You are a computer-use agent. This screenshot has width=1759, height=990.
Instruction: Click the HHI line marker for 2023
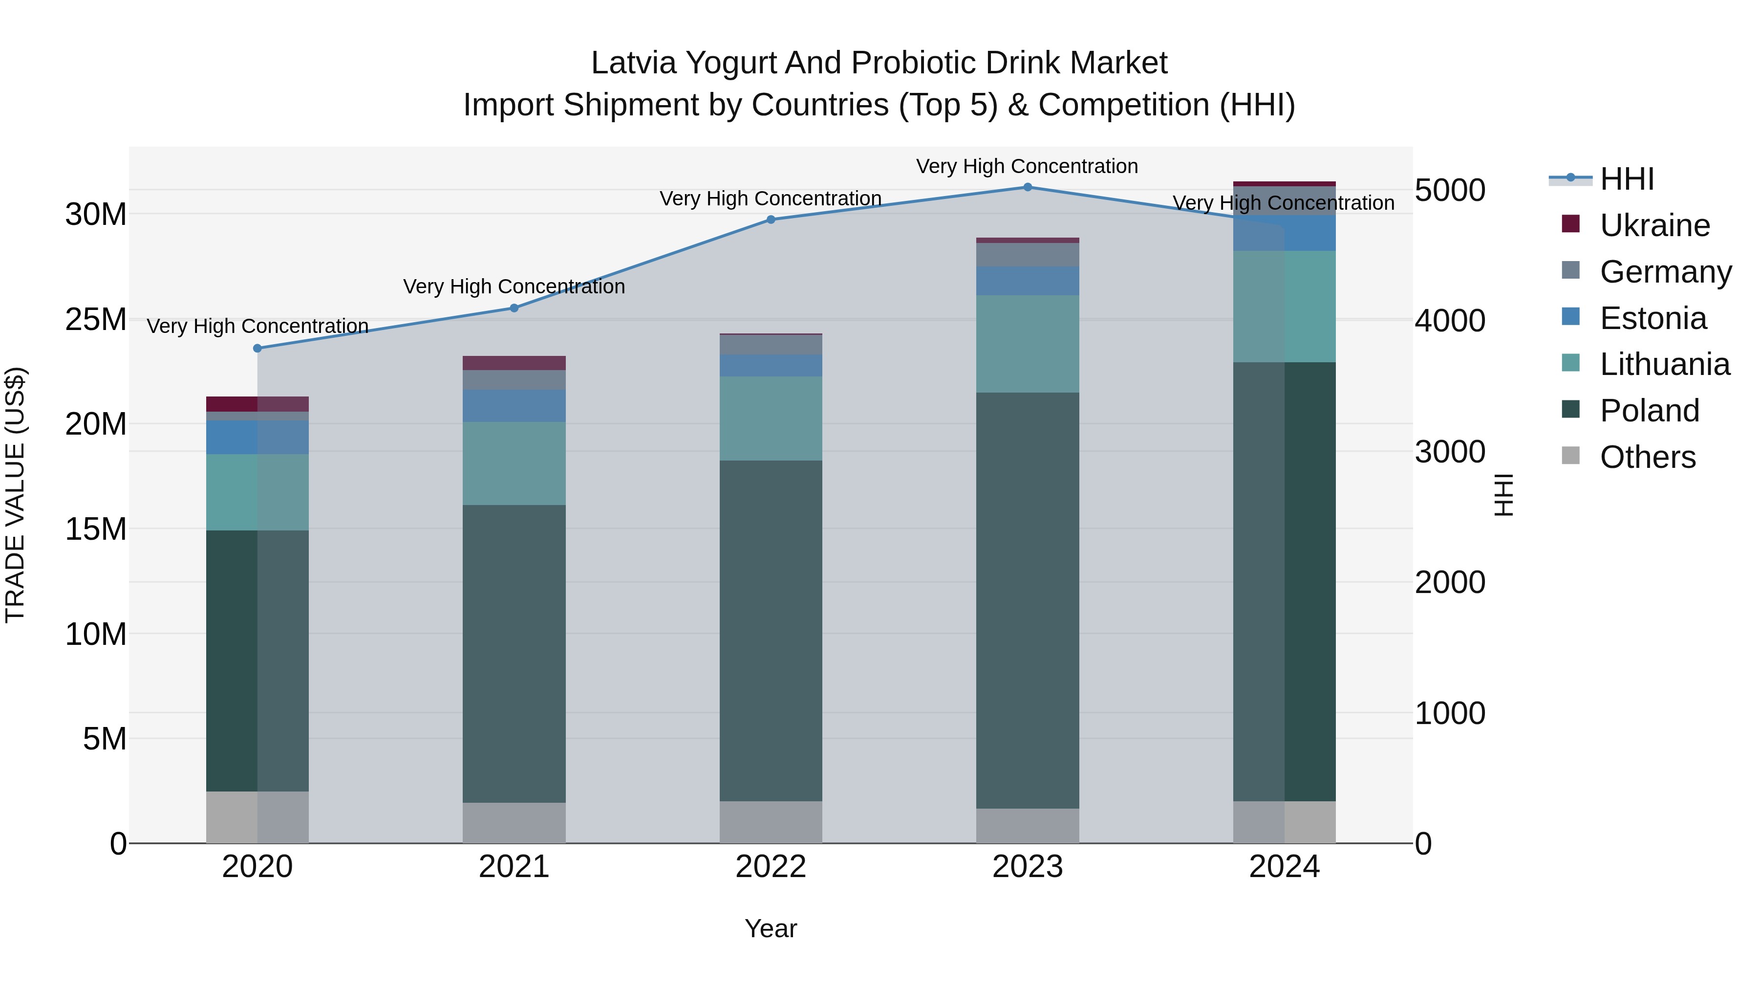(x=1027, y=187)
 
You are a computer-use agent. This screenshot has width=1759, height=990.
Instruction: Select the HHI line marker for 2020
(x=257, y=349)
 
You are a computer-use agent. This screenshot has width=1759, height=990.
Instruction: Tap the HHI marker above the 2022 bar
(x=771, y=220)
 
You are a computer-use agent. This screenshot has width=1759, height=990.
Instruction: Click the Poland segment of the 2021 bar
(x=514, y=653)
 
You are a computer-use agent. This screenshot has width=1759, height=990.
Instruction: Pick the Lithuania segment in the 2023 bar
(x=1027, y=344)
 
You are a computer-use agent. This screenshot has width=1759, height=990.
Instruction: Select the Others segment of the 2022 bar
(x=771, y=822)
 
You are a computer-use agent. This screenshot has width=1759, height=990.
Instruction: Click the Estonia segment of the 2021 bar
(x=514, y=406)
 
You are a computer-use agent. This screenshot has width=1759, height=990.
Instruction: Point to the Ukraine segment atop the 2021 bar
(x=514, y=363)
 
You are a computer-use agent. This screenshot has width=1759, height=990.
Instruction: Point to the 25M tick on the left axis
(x=96, y=320)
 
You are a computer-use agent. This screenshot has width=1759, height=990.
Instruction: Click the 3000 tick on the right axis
(x=1450, y=452)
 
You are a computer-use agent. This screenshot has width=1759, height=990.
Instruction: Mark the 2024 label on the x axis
(x=1284, y=867)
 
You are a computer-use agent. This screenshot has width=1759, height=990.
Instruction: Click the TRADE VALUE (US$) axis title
(x=15, y=495)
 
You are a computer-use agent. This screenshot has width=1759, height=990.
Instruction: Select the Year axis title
(x=771, y=928)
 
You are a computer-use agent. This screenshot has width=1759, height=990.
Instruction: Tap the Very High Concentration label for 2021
(x=514, y=286)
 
